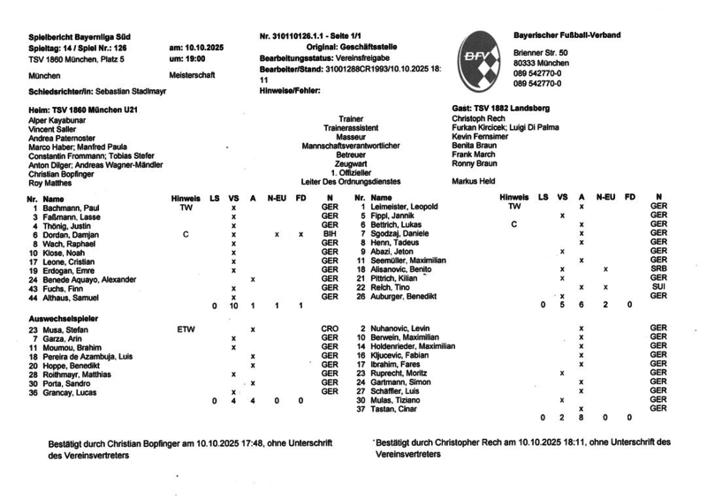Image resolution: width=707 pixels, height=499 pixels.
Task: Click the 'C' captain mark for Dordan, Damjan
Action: point(185,234)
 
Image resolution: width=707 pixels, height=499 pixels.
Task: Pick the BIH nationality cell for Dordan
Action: point(329,234)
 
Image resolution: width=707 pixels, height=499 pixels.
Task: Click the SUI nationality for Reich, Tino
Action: point(657,287)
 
